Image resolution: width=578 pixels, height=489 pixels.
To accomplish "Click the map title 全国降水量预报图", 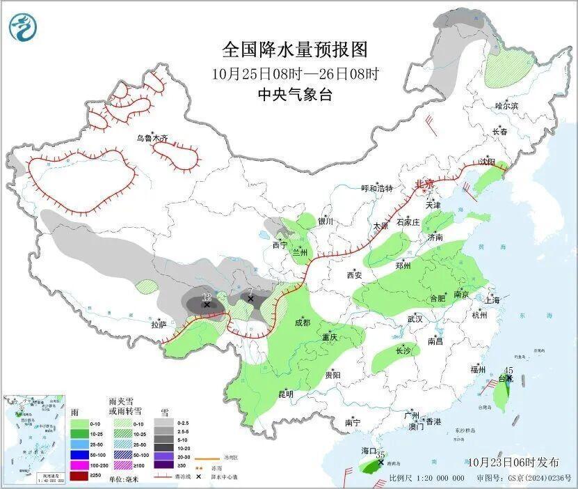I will point(294,49).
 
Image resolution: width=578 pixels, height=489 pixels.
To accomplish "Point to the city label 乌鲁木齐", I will point(152,138).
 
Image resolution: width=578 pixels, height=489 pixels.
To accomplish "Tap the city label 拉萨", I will point(159,325).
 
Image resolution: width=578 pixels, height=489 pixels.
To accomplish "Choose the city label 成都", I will point(303,323).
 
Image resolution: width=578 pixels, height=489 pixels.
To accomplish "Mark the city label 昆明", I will point(285,394).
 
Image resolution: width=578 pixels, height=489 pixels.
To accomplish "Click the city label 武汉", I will point(416,319).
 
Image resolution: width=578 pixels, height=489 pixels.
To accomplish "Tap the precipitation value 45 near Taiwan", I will point(508,370).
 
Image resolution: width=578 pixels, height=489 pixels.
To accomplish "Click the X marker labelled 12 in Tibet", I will point(207,304).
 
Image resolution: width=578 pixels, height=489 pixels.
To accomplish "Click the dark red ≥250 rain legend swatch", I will point(79,476).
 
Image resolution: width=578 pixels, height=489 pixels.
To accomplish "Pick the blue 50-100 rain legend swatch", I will point(79,454).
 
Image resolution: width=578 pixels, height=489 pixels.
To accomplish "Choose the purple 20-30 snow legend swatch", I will point(163,454).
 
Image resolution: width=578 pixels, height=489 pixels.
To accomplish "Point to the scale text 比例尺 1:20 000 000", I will point(426,479).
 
